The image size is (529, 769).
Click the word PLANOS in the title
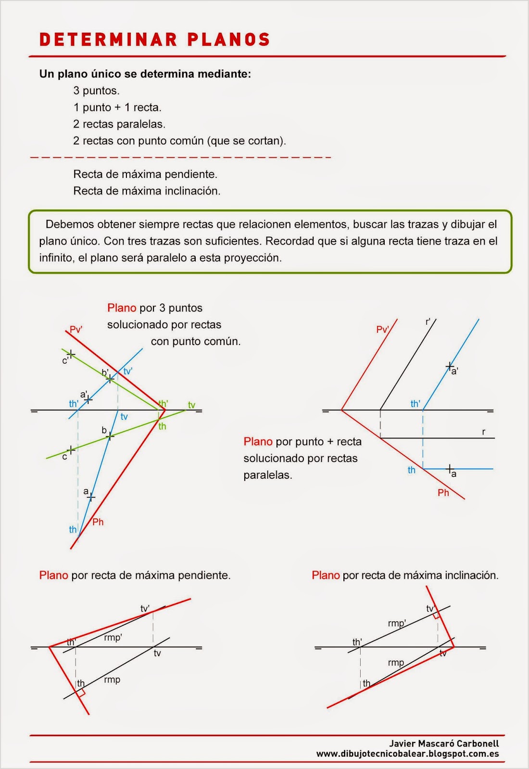[228, 39]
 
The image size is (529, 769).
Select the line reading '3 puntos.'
[96, 90]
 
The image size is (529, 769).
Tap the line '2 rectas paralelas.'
[119, 124]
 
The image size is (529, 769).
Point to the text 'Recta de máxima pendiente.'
[145, 174]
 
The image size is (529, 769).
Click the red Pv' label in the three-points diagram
[76, 329]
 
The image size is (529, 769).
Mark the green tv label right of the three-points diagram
[191, 405]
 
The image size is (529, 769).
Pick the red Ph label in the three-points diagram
[98, 522]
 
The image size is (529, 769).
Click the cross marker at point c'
[71, 354]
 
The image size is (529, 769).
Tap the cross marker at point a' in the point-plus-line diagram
[450, 366]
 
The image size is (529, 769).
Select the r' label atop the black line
[428, 322]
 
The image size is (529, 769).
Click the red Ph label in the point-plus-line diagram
[443, 493]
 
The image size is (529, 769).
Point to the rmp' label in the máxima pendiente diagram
[113, 637]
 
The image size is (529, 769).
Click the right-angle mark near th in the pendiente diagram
[81, 693]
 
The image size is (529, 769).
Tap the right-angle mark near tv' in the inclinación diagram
[436, 615]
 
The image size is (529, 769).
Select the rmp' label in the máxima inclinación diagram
[397, 623]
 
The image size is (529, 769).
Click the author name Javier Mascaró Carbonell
[444, 744]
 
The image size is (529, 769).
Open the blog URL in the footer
[407, 754]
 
